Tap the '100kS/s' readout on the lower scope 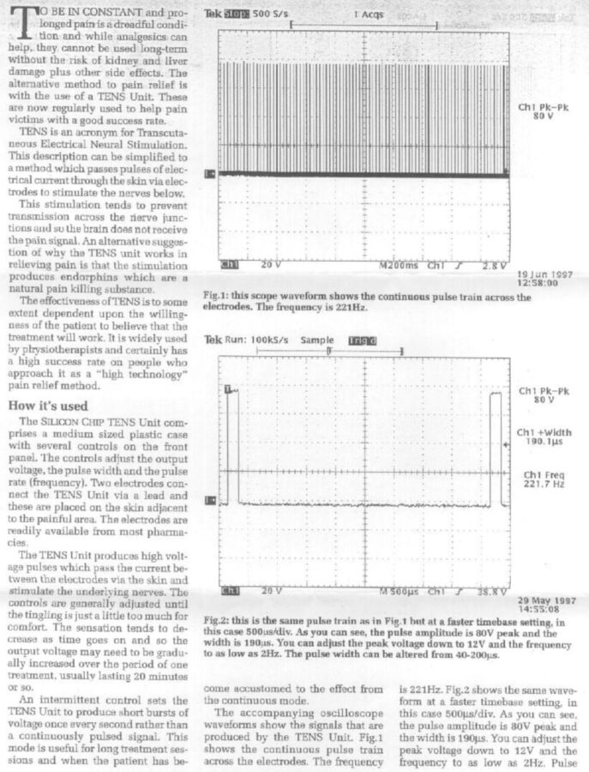pos(272,341)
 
